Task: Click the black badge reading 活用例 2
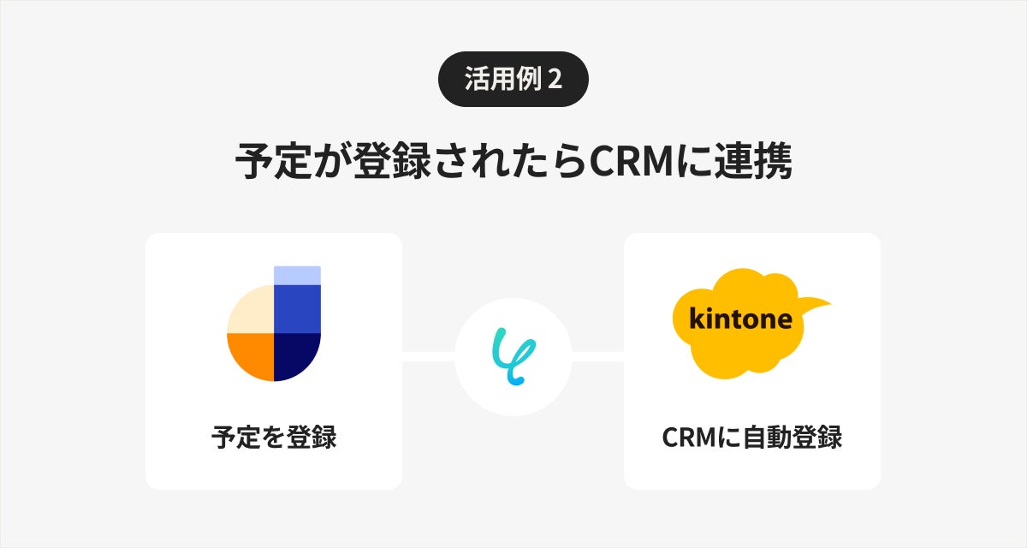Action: pyautogui.click(x=513, y=79)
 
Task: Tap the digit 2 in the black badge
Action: pyautogui.click(x=555, y=80)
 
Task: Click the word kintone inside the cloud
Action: pyautogui.click(x=741, y=319)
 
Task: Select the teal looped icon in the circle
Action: pyautogui.click(x=513, y=356)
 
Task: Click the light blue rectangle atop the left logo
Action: pyautogui.click(x=297, y=275)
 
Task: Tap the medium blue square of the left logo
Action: pyautogui.click(x=297, y=308)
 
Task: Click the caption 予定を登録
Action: pyautogui.click(x=273, y=438)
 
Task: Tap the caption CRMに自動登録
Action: pyautogui.click(x=751, y=438)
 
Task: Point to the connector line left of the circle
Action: pyautogui.click(x=428, y=356)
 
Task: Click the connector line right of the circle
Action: pyautogui.click(x=597, y=356)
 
